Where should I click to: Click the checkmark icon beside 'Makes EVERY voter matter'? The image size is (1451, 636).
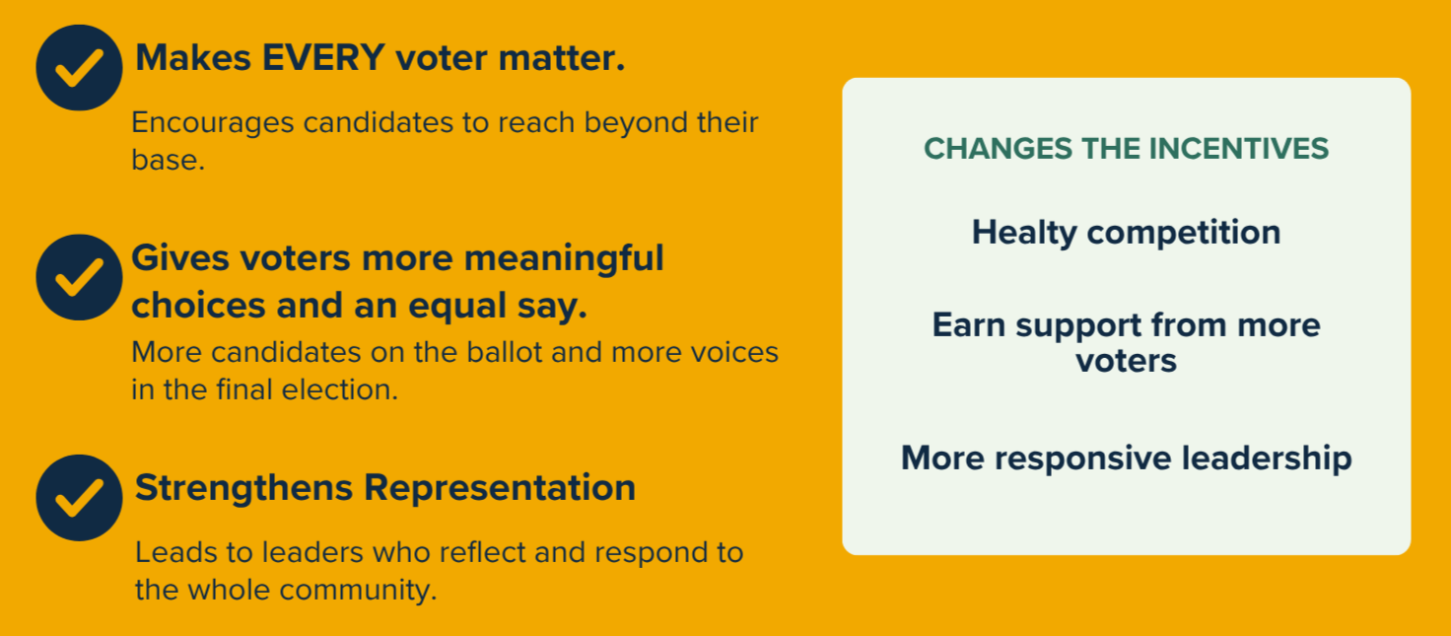(79, 68)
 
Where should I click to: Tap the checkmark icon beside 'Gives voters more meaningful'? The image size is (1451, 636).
(79, 277)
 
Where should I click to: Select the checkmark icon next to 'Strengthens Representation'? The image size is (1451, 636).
(79, 497)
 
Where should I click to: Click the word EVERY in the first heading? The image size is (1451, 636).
(324, 57)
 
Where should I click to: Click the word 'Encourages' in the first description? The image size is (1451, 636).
(213, 123)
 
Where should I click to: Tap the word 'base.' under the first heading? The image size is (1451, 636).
(169, 160)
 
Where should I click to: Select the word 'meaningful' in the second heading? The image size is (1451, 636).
(564, 259)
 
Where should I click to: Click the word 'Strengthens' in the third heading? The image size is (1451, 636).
(243, 488)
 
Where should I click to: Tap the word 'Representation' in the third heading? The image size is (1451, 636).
(500, 488)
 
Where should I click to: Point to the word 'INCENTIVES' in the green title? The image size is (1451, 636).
(1238, 149)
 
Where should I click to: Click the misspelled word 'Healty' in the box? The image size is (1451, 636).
(1023, 233)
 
